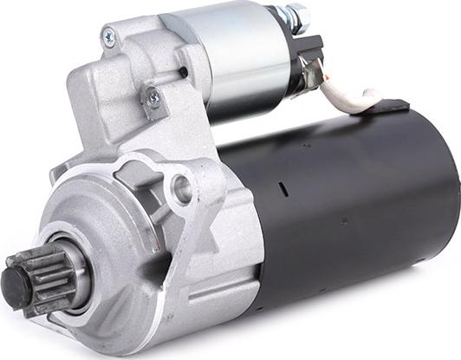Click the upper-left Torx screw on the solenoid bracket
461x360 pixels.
[108, 36]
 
